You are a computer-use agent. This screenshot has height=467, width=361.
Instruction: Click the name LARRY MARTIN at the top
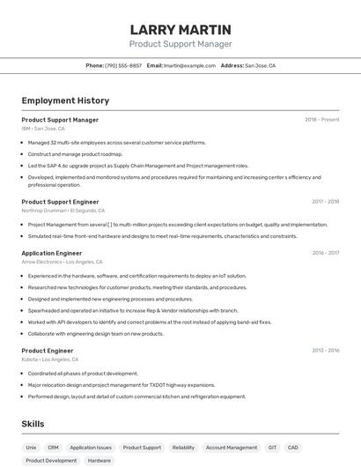(180, 30)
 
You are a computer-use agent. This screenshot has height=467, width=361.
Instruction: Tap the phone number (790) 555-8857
(123, 65)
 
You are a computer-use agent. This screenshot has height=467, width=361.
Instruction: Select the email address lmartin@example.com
(189, 65)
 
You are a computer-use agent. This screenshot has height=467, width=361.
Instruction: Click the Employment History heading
(65, 100)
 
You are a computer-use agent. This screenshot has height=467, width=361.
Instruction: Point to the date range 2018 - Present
(321, 120)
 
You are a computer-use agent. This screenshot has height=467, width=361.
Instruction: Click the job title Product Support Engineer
(60, 202)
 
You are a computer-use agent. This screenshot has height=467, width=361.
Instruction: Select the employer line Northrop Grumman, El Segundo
(63, 211)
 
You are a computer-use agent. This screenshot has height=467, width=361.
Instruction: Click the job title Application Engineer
(51, 253)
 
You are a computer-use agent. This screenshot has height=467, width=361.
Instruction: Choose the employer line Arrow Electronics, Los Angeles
(62, 262)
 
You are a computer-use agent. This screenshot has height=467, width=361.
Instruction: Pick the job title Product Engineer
(48, 351)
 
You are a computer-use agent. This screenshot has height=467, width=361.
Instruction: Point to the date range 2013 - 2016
(325, 351)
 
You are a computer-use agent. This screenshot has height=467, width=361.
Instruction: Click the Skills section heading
(33, 424)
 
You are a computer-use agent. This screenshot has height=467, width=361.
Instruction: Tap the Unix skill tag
(31, 448)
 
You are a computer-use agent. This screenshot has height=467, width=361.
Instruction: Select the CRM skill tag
(53, 448)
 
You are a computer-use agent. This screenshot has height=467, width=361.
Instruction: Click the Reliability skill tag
(183, 448)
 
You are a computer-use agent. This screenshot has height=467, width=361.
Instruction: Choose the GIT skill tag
(272, 448)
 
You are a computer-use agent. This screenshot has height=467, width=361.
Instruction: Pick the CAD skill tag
(293, 448)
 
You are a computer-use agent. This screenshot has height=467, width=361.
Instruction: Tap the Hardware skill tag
(99, 461)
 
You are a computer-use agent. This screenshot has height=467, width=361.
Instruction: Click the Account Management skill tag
(232, 448)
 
